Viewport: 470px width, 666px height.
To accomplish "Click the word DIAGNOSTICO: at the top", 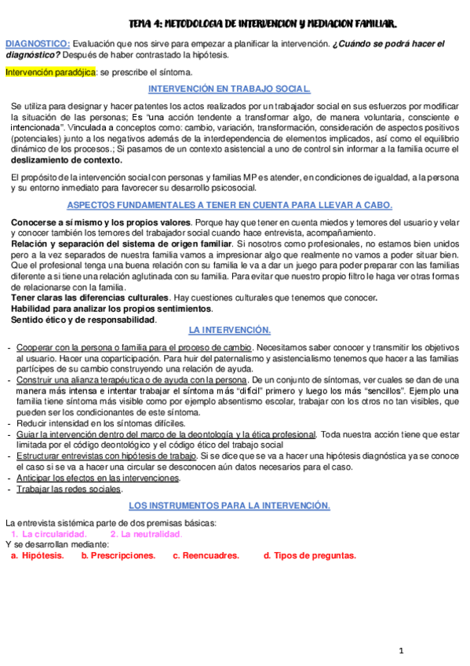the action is [38, 43].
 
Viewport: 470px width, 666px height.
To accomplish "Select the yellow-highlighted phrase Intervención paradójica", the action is [50, 72].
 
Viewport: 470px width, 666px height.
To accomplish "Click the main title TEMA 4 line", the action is [263, 25].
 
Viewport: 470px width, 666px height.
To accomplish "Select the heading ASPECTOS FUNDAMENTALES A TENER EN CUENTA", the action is [230, 205].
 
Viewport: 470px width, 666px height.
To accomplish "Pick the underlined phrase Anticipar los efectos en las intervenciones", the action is [98, 478].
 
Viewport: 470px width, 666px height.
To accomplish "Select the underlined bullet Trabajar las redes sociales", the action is [69, 489].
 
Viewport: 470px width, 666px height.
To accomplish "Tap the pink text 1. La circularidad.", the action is [49, 534].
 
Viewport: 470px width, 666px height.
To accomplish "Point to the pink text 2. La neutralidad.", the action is [146, 534].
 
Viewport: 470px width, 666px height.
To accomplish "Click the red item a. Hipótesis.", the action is [37, 555].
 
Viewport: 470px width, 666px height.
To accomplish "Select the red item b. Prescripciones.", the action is [118, 555].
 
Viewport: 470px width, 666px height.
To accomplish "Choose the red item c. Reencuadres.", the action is [206, 555].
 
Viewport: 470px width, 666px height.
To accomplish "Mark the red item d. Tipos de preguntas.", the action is [310, 555].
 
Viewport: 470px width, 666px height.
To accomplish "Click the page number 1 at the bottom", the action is [400, 651].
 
